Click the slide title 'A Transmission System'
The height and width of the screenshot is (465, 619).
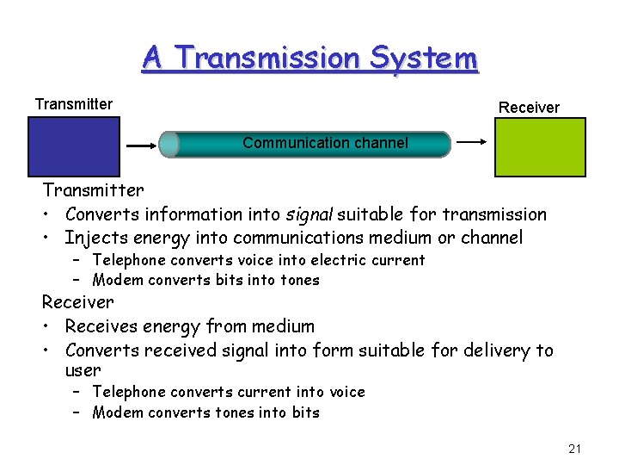(309, 59)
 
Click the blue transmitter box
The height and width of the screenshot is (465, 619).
(74, 146)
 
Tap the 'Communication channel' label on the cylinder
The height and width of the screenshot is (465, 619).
(325, 143)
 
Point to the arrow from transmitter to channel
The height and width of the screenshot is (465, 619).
(142, 146)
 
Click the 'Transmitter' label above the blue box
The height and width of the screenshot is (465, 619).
(74, 104)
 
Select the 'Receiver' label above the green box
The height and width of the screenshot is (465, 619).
(529, 108)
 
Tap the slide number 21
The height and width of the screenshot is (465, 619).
(575, 448)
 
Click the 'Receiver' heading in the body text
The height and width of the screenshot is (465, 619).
(78, 302)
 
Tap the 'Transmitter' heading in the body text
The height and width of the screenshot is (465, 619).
(94, 189)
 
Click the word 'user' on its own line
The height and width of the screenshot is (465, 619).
(83, 370)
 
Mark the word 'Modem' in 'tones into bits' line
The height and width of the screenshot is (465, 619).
(118, 412)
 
